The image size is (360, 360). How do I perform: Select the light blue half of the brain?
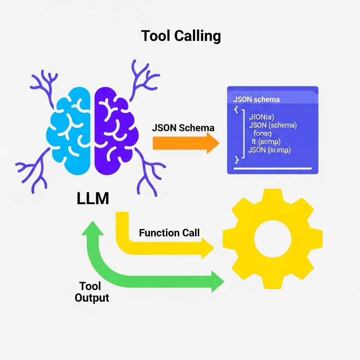tap(70, 130)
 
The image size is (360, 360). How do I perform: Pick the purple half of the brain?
tap(114, 130)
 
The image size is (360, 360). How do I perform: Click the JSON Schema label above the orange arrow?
tap(183, 128)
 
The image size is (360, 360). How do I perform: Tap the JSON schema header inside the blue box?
tap(256, 99)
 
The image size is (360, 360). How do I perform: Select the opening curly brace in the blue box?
tap(236, 110)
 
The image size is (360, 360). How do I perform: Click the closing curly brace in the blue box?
tap(236, 160)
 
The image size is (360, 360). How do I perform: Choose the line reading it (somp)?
tap(266, 142)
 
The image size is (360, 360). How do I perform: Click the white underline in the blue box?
tap(272, 168)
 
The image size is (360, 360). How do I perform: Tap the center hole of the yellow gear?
tap(272, 239)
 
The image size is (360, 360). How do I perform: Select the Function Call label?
tap(169, 233)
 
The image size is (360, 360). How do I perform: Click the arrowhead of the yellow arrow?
tap(207, 248)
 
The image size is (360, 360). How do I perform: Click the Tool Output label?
tap(92, 292)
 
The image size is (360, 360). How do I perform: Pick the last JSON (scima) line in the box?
tap(269, 150)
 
